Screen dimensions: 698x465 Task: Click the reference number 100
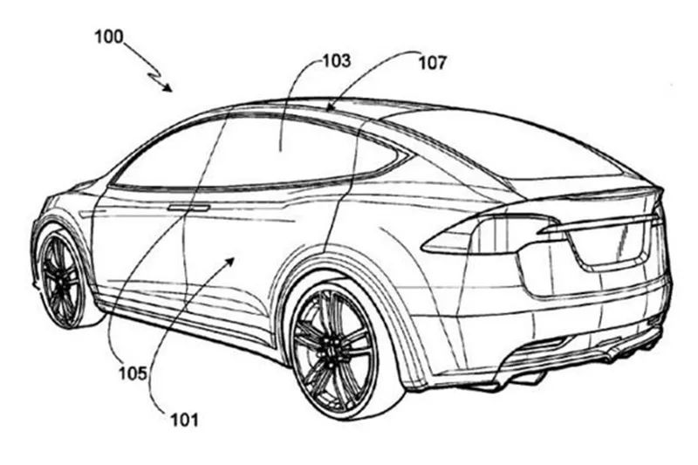point(109,37)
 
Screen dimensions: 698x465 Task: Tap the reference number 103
point(337,61)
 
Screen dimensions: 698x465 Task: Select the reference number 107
point(432,63)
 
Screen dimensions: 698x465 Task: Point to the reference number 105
point(133,373)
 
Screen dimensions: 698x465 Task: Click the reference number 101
point(185,420)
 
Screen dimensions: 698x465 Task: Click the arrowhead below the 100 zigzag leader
point(168,87)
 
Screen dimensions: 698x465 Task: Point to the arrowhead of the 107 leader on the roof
point(331,106)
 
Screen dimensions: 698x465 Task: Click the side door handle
point(188,208)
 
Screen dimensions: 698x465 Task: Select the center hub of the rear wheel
point(332,347)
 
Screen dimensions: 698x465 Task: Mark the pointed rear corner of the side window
point(407,156)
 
